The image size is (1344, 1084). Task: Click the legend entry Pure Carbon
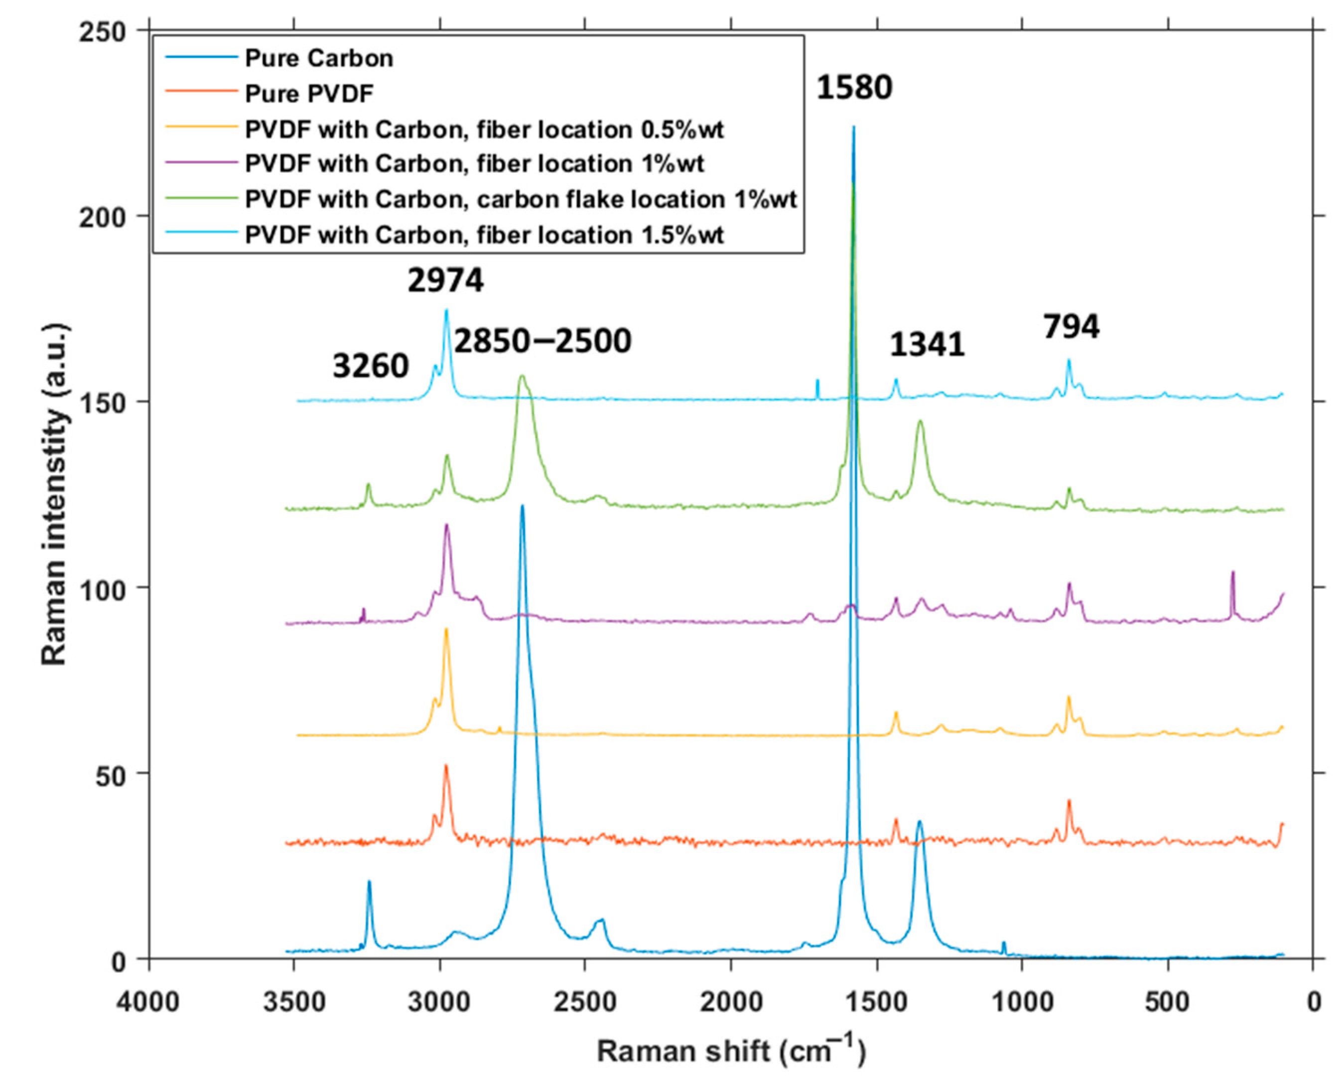(318, 58)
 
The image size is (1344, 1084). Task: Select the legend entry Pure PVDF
(309, 94)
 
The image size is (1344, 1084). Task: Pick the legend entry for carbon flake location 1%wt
(521, 199)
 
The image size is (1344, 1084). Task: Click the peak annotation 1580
(854, 87)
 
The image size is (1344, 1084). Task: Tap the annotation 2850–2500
(542, 341)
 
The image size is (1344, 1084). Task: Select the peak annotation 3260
(370, 365)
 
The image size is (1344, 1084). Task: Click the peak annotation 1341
(927, 344)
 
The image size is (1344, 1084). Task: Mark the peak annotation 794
(1071, 327)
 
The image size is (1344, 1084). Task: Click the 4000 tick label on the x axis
(148, 1002)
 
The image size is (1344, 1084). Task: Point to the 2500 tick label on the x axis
(585, 1002)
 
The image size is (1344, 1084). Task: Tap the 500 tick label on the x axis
(1167, 1002)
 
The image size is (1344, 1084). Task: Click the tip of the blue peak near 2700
(522, 506)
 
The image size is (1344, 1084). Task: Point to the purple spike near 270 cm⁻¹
(1232, 572)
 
